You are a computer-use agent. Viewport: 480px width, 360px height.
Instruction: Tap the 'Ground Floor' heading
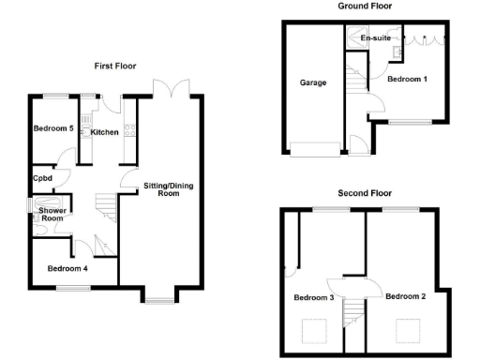pyautogui.click(x=365, y=6)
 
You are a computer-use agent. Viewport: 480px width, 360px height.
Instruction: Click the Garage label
pyautogui.click(x=313, y=82)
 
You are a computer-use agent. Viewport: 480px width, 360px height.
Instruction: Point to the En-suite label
pyautogui.click(x=375, y=38)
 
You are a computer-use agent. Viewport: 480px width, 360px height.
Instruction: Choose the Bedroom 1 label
pyautogui.click(x=407, y=78)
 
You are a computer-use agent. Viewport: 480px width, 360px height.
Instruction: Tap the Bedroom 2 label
pyautogui.click(x=405, y=297)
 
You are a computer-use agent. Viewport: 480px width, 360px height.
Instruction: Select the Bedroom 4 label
pyautogui.click(x=68, y=269)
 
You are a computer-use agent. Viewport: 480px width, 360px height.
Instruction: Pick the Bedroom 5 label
pyautogui.click(x=53, y=128)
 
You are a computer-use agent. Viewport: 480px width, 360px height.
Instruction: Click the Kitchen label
pyautogui.click(x=105, y=132)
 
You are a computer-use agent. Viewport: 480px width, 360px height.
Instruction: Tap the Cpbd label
pyautogui.click(x=41, y=178)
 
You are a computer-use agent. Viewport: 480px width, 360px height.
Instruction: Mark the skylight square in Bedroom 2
pyautogui.click(x=407, y=330)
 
